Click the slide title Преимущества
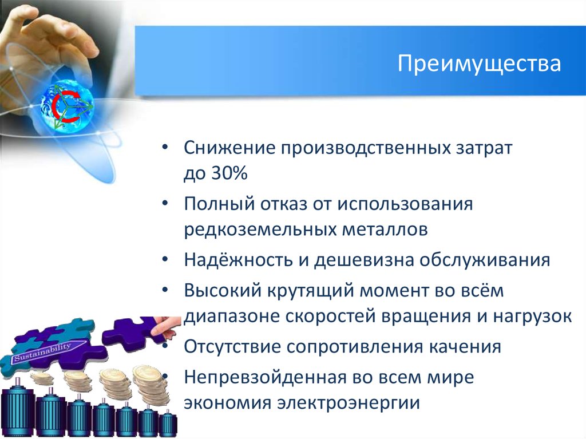tap(479, 64)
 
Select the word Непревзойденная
tap(263, 377)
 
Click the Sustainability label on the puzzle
tap(43, 353)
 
